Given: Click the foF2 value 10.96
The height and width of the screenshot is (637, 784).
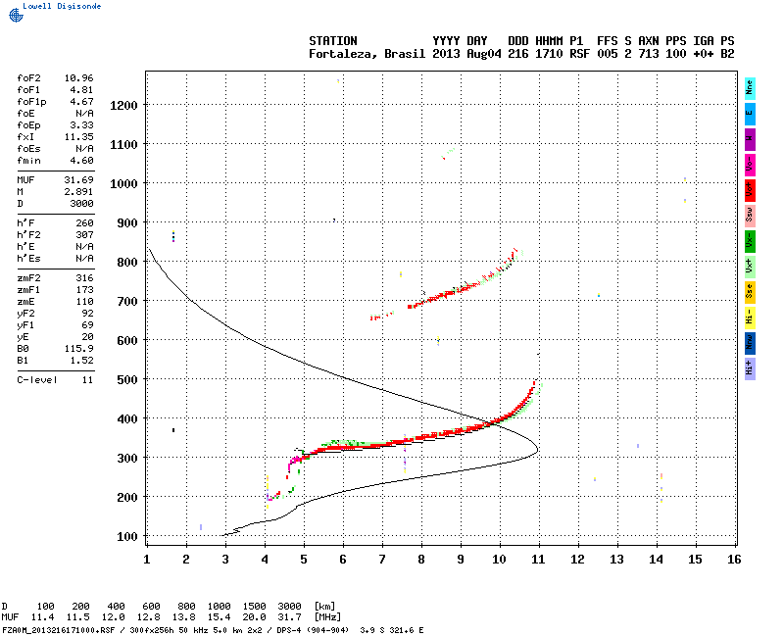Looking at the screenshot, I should (x=78, y=76).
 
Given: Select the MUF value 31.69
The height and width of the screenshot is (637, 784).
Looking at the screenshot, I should (x=78, y=179).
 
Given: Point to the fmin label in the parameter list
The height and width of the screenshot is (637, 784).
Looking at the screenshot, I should (x=27, y=160).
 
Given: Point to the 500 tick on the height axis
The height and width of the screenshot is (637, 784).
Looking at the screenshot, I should (x=125, y=379).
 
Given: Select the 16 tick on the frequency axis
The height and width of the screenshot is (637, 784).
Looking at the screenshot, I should (x=734, y=559).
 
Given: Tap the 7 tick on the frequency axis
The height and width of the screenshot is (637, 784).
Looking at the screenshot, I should (x=382, y=559).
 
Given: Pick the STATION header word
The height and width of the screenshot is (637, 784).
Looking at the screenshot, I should (x=333, y=40).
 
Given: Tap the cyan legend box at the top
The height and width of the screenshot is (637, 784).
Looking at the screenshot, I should (x=750, y=87).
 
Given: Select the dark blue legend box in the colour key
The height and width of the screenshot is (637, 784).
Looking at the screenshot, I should (x=750, y=342).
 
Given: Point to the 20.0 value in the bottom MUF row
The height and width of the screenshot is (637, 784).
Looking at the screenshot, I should (x=255, y=617).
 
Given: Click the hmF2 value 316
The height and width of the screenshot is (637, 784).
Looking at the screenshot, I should (x=84, y=277).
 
